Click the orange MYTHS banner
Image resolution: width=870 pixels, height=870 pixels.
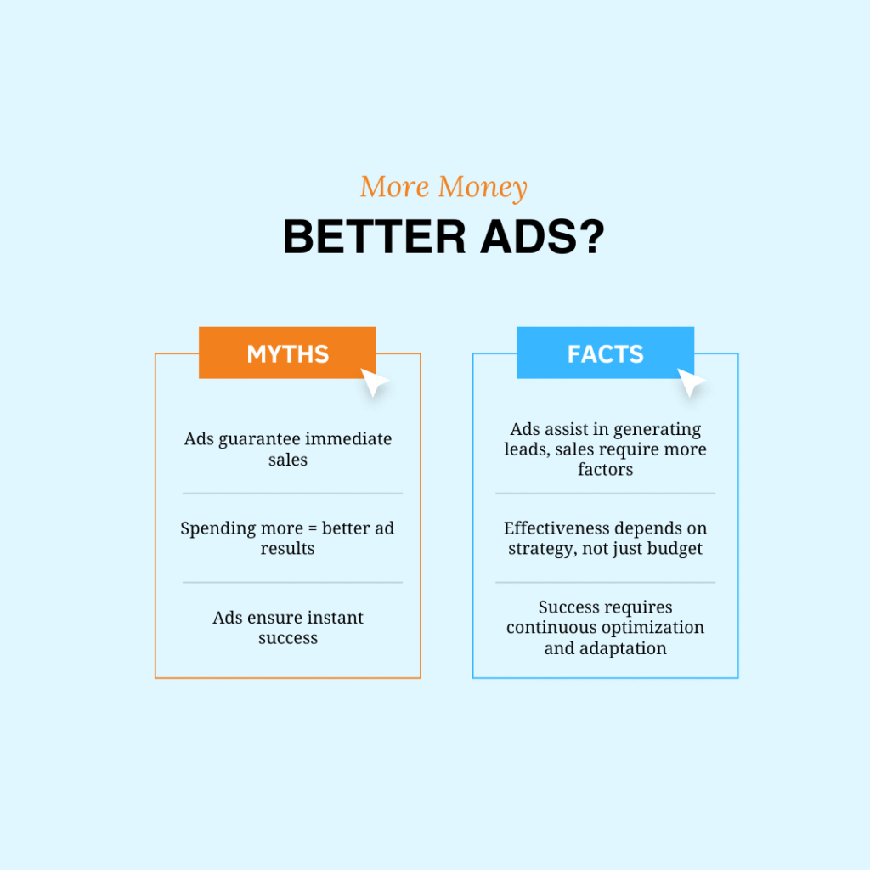point(287,353)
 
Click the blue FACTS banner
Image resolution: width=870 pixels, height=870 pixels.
point(605,353)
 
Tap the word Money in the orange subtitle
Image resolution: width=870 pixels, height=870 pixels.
point(483,187)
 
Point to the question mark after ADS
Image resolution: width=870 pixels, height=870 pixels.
point(593,237)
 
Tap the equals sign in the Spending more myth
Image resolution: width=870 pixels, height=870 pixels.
point(313,528)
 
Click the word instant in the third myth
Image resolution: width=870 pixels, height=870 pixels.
point(335,618)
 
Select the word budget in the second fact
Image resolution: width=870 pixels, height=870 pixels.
point(675,549)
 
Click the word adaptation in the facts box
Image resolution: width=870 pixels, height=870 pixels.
point(631,648)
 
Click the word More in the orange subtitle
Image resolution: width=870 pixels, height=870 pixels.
point(394,186)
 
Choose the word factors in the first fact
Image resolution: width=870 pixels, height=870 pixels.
point(605,469)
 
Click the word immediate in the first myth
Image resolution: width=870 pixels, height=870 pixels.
point(348,439)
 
